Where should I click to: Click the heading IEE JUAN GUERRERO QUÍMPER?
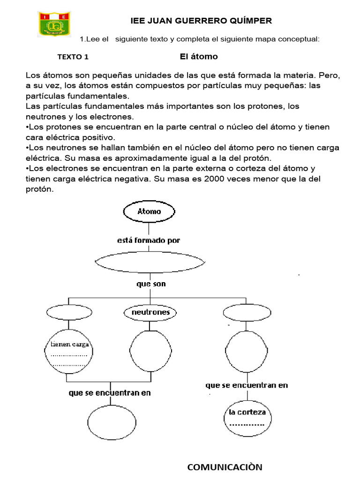pos(200,21)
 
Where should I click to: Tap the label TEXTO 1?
pos(73,57)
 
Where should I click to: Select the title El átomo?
pos(199,57)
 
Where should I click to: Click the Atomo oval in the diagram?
pos(149,211)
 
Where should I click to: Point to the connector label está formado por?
pos(148,240)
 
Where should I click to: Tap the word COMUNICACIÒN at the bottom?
pos(225,467)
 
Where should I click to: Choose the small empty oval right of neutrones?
pos(247,312)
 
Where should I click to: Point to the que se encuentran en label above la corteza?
pos(247,385)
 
